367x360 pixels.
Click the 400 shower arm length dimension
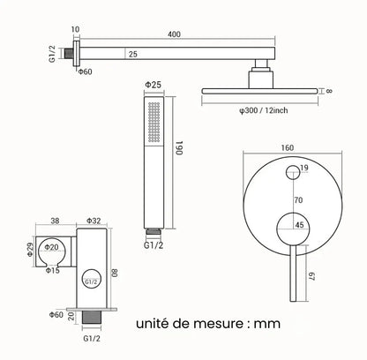(174, 34)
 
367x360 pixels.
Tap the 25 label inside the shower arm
(133, 54)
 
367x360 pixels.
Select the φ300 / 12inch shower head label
(263, 110)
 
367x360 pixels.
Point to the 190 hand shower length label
(180, 148)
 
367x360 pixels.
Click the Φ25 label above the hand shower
(154, 85)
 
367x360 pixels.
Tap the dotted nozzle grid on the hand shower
(154, 122)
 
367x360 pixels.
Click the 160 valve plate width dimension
(287, 147)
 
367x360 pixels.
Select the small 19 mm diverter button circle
(293, 172)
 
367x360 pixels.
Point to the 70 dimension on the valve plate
(298, 200)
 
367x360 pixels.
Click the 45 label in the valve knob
(299, 225)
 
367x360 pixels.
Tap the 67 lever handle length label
(311, 276)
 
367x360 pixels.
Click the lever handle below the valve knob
(293, 273)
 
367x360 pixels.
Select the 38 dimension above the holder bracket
(55, 221)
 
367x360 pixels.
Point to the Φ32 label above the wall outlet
(94, 221)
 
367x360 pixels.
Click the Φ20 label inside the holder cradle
(51, 247)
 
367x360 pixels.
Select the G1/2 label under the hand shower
(154, 245)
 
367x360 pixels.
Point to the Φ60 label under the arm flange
(85, 71)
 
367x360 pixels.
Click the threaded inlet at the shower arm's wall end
(69, 54)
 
